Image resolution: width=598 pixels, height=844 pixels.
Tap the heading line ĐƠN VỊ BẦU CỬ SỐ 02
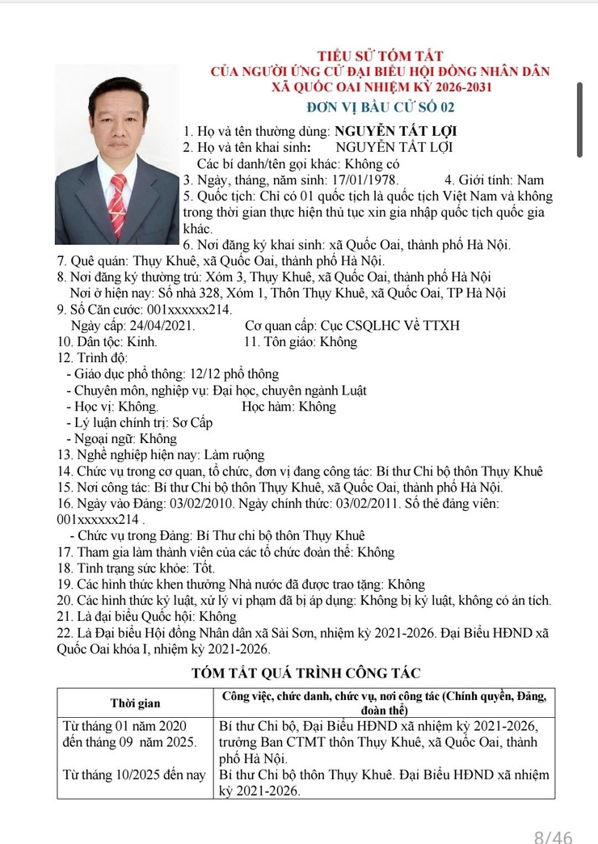coord(381,107)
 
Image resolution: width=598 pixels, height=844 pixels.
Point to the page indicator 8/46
coord(554,836)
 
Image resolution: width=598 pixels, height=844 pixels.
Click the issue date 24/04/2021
coord(160,325)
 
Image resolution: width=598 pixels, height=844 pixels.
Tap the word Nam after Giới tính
coord(530,180)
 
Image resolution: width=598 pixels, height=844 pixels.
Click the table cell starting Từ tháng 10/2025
coord(134,774)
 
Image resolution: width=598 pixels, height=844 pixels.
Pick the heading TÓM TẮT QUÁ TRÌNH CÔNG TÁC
coord(305,673)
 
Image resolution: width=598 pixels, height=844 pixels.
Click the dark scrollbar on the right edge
coord(579,119)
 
